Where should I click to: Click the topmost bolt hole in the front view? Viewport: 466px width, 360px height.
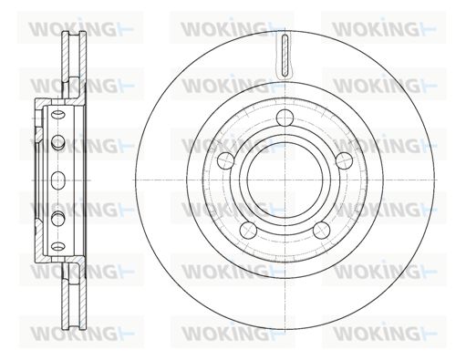click(x=285, y=118)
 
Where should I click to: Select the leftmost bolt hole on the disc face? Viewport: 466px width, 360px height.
click(x=227, y=160)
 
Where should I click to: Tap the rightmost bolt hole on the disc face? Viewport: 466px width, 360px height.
click(x=344, y=160)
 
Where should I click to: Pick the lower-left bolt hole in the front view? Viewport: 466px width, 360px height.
click(x=249, y=230)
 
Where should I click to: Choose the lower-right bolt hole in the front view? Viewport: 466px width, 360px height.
click(x=321, y=230)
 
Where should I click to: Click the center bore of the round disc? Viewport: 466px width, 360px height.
click(x=285, y=180)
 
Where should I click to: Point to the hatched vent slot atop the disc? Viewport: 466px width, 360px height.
click(x=285, y=56)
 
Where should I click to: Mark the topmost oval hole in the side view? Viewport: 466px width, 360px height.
click(x=57, y=115)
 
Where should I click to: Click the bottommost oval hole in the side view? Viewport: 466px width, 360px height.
click(x=57, y=245)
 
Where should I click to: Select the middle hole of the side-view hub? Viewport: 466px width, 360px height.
click(x=57, y=180)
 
